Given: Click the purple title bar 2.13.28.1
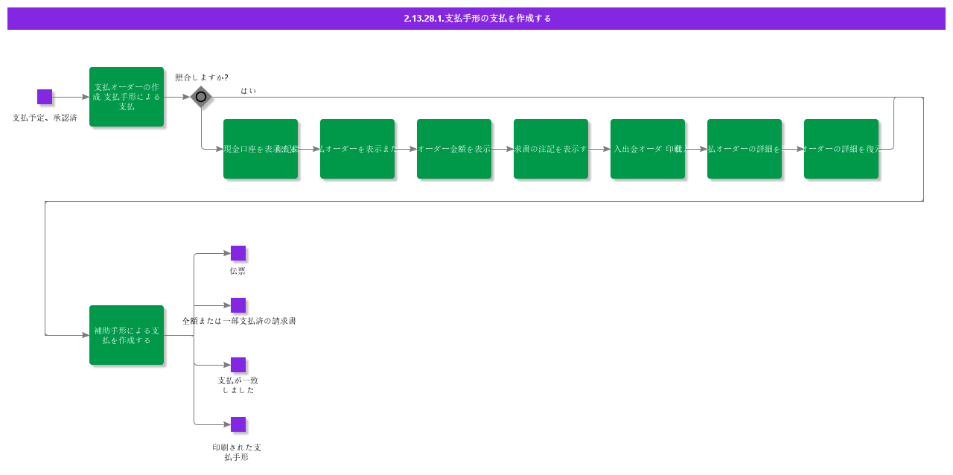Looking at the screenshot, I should (x=476, y=19).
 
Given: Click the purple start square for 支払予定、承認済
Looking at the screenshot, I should (x=45, y=97).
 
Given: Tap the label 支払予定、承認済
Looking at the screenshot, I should (x=45, y=118).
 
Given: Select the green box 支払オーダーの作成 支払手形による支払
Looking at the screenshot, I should (x=127, y=97).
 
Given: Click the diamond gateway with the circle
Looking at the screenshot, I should (x=201, y=97).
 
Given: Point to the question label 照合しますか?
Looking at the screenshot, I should (x=201, y=77).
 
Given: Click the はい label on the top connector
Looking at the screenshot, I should (x=248, y=91).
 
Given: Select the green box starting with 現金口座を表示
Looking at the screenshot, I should (x=261, y=149).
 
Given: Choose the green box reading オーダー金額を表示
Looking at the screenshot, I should (x=454, y=149).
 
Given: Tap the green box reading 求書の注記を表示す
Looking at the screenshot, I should (x=551, y=149).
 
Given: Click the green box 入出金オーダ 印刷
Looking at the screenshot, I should (x=648, y=149).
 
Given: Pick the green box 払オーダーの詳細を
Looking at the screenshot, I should (x=745, y=149).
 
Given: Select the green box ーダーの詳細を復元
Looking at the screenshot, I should (x=841, y=149).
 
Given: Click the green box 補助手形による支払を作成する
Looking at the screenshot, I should (x=127, y=335).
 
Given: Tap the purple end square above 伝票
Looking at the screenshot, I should (x=238, y=253).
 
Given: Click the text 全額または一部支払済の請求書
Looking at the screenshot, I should (x=239, y=321).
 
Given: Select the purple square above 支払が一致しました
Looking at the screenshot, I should (x=238, y=365).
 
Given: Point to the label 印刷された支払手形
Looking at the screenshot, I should (x=237, y=452).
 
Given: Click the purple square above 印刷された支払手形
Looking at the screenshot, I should (x=238, y=424).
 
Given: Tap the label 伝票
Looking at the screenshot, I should (x=238, y=271).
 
